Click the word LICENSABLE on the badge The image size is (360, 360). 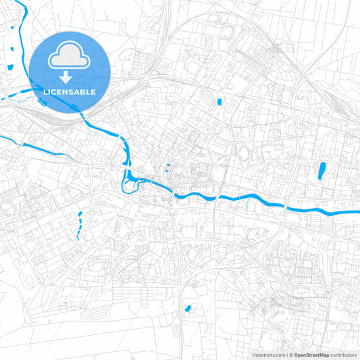coord(70,92)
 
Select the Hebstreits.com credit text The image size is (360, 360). coord(267,354)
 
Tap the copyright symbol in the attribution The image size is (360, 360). coord(290,354)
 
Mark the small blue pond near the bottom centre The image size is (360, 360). coord(187,309)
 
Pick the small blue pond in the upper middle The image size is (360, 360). coord(219,102)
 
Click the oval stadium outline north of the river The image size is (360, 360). coord(245,154)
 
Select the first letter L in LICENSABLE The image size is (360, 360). coord(45,92)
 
